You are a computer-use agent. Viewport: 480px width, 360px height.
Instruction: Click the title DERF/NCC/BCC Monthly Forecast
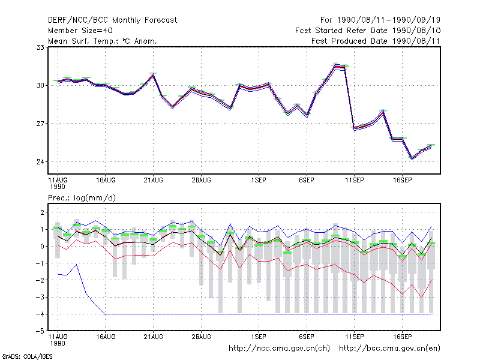tap(112, 20)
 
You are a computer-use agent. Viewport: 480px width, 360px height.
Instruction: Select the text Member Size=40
tap(80, 31)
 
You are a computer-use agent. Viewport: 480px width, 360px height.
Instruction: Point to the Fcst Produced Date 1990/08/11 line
tap(376, 41)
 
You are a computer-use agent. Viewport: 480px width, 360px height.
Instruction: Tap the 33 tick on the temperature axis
tap(40, 47)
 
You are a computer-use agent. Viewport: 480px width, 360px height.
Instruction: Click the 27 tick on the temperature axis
tap(40, 124)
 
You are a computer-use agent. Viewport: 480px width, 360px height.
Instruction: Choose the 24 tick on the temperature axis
tap(40, 162)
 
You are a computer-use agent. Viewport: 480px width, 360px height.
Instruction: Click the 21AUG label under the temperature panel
tap(154, 181)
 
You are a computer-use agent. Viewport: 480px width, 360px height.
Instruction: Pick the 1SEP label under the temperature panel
tap(259, 181)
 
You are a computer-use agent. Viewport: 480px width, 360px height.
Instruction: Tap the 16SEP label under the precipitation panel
tap(402, 337)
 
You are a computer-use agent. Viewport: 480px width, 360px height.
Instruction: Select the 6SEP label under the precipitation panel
tap(307, 337)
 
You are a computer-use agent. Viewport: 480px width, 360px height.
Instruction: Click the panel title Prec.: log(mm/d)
tap(82, 198)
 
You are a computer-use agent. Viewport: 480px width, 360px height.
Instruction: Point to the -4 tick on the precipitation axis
tap(40, 314)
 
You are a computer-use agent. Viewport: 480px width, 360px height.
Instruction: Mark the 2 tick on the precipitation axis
tap(42, 212)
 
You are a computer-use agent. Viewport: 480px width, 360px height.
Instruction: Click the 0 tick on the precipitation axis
tap(42, 247)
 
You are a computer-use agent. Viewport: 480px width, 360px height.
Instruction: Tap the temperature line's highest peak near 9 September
tap(335, 66)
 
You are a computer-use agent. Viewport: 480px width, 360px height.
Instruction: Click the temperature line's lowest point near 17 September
tap(412, 158)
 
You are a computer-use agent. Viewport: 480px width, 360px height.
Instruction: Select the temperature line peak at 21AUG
tap(154, 75)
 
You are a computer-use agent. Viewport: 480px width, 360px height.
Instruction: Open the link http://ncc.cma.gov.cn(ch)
tap(279, 349)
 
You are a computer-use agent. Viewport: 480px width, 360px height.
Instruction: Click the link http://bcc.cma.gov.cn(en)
tap(389, 349)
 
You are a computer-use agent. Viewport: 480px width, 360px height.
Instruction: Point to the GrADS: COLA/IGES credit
tap(27, 356)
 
